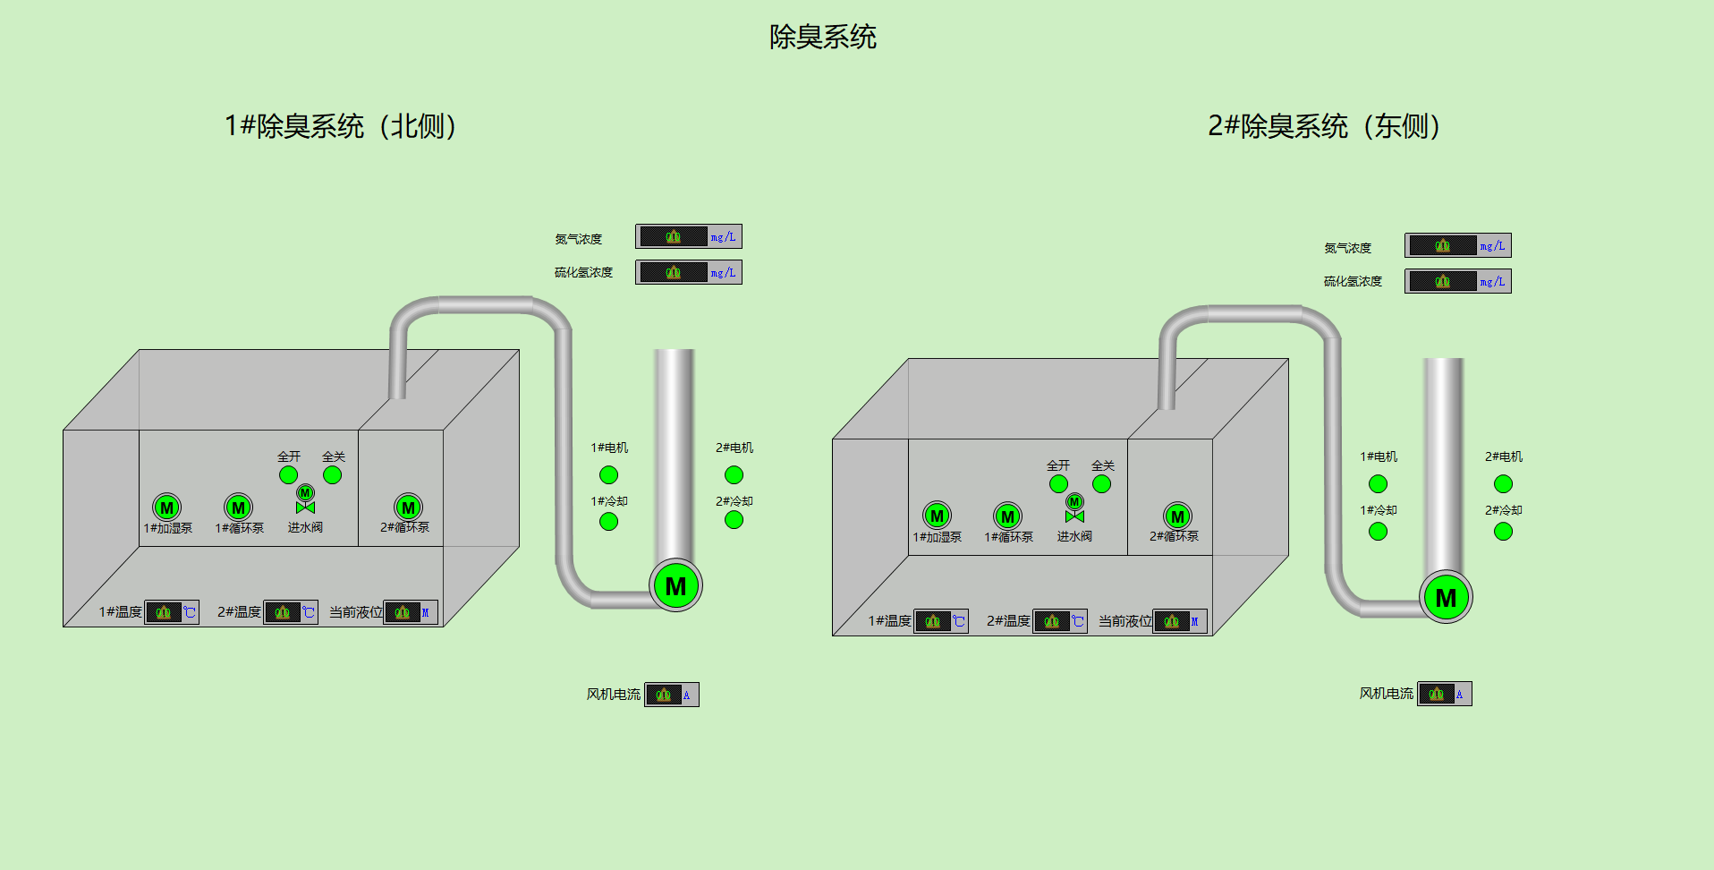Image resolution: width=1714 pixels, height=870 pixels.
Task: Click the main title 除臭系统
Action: click(x=822, y=37)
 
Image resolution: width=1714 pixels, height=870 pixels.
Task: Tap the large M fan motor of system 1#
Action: click(x=675, y=586)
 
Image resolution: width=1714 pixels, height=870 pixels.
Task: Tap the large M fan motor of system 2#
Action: click(x=1446, y=597)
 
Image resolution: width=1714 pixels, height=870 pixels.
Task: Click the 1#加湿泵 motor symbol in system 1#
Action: click(x=166, y=507)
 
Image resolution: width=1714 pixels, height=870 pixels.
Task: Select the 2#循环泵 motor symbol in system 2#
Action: click(x=1177, y=516)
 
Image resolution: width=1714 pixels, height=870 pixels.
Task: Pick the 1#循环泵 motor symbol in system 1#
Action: click(x=238, y=507)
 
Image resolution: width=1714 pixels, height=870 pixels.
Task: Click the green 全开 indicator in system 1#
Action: click(x=288, y=475)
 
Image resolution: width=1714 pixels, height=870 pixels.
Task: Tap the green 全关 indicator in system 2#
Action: click(x=1101, y=484)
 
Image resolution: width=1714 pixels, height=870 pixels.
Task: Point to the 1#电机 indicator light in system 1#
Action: click(x=608, y=474)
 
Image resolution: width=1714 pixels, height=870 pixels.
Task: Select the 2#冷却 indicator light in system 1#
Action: click(x=734, y=520)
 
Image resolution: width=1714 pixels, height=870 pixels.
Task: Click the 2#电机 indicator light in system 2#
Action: click(x=1503, y=484)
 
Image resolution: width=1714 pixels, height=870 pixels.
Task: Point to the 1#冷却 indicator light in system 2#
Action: click(x=1378, y=532)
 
